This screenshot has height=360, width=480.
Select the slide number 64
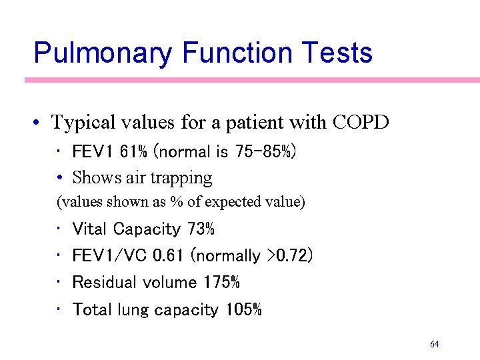[435, 345]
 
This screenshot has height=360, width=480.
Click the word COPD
[360, 123]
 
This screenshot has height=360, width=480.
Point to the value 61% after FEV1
[135, 152]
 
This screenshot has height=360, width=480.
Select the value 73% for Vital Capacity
[201, 229]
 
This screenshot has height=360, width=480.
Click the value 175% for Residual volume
[221, 283]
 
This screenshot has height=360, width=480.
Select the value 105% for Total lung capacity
[243, 310]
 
